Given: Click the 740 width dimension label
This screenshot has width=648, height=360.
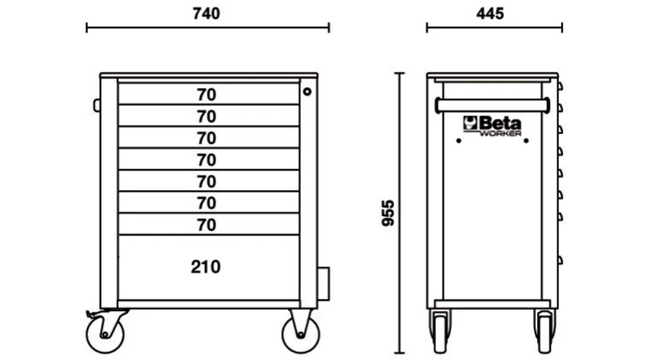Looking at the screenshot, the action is pyautogui.click(x=206, y=14).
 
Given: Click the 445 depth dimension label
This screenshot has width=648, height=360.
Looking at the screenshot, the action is pyautogui.click(x=490, y=14).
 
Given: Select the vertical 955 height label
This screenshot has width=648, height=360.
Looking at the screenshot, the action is pyautogui.click(x=387, y=213).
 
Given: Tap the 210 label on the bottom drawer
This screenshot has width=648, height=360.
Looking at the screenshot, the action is pyautogui.click(x=205, y=267).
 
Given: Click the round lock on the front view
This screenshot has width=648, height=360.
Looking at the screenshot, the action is pyautogui.click(x=307, y=91).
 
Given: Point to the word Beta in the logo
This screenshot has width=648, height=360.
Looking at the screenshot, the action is pyautogui.click(x=500, y=123).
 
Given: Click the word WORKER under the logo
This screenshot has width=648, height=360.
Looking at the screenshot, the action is pyautogui.click(x=500, y=133).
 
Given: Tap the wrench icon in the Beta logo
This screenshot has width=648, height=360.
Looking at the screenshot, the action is pyautogui.click(x=470, y=122).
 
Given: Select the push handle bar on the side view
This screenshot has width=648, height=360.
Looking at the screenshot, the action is pyautogui.click(x=492, y=105).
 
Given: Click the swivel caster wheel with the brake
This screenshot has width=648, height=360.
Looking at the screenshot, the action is pyautogui.click(x=105, y=334).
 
